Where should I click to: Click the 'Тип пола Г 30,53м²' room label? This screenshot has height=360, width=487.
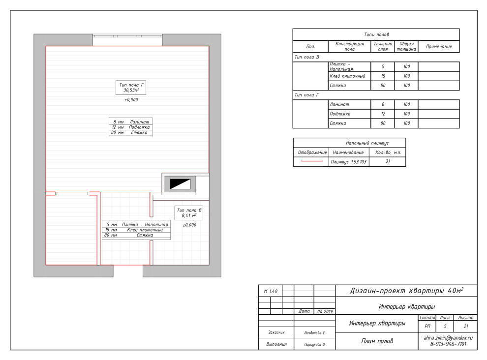[131, 88]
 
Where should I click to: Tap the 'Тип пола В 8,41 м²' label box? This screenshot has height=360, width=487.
[189, 213]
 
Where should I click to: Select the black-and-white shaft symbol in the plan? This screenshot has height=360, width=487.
[180, 184]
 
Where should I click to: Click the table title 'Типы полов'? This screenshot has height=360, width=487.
[376, 34]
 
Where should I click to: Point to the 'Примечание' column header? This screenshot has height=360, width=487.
[439, 47]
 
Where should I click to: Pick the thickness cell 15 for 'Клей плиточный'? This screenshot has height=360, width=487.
[383, 76]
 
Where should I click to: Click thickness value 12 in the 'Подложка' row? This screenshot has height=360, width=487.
[383, 114]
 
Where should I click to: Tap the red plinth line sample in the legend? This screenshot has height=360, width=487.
[311, 161]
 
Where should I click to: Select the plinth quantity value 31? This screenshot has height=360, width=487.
[388, 161]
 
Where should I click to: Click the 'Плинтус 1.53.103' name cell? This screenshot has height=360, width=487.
[348, 162]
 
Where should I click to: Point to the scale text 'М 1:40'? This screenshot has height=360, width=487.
[271, 291]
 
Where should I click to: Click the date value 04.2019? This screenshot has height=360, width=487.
[325, 311]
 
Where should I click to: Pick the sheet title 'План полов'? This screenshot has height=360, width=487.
[377, 341]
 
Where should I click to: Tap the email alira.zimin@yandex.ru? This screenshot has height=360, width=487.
[448, 338]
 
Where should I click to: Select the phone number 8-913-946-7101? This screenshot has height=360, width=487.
[448, 344]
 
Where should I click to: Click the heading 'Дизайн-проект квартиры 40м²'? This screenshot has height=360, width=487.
[406, 291]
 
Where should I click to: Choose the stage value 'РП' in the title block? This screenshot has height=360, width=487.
[427, 326]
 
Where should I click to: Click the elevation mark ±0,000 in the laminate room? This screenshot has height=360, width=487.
[131, 100]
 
